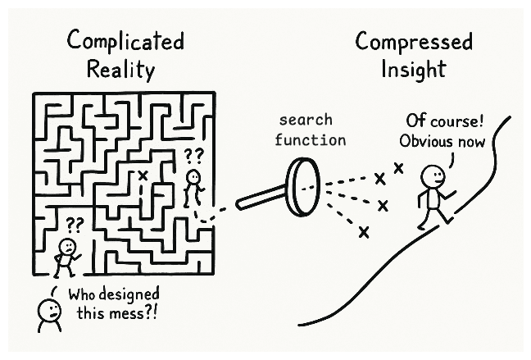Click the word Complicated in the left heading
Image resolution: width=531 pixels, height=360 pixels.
pos(125,42)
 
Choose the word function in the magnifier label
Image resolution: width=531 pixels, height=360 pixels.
pos(310,139)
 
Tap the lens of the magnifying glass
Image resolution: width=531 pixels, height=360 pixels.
pos(303,187)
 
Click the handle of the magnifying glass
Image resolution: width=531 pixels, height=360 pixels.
pos(259,198)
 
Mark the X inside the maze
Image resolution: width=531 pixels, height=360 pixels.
pos(143,175)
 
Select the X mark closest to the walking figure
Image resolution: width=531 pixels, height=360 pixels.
pos(399,167)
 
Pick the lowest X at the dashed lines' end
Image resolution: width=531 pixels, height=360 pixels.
pos(364,233)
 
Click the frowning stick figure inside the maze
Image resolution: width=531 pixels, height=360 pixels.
pos(66,254)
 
